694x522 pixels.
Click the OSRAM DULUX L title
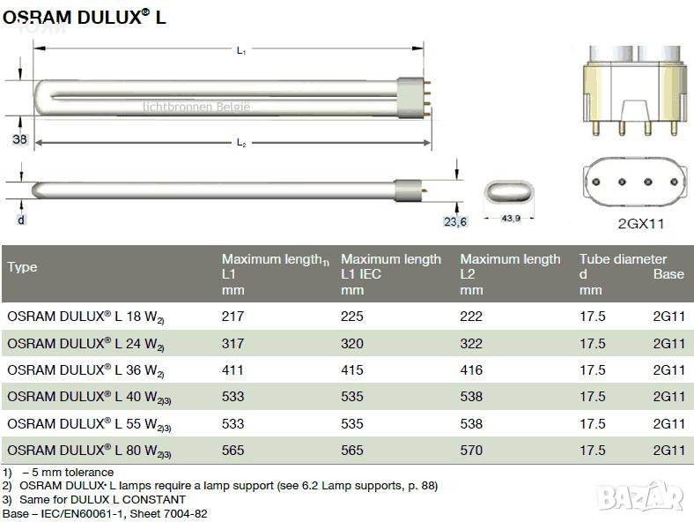coord(84,17)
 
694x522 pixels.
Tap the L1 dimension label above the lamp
coord(241,50)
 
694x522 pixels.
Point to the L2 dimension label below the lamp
coord(241,143)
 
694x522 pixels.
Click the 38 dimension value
coord(19,139)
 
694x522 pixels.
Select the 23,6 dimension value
coord(455,221)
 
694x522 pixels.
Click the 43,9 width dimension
coord(510,218)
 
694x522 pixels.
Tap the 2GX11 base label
coord(641,223)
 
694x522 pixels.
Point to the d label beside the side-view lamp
coord(21,220)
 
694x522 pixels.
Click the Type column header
coord(22,267)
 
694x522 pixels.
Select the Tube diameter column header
coord(623,258)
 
